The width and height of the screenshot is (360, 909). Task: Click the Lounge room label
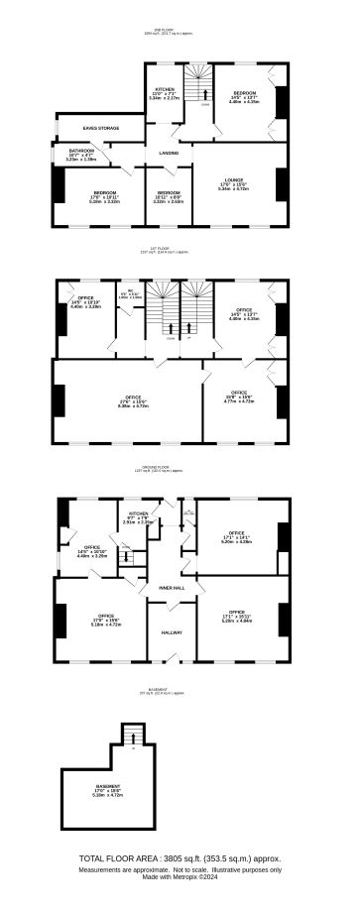[232, 179]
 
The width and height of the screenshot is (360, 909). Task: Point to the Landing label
[169, 154]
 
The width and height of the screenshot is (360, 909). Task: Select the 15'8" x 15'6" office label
[239, 394]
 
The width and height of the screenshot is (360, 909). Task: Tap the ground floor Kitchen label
[138, 513]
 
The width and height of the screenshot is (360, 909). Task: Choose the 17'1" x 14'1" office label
[238, 509]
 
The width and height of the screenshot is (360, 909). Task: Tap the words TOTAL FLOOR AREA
[126, 857]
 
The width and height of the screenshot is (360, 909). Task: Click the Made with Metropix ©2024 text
[180, 877]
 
